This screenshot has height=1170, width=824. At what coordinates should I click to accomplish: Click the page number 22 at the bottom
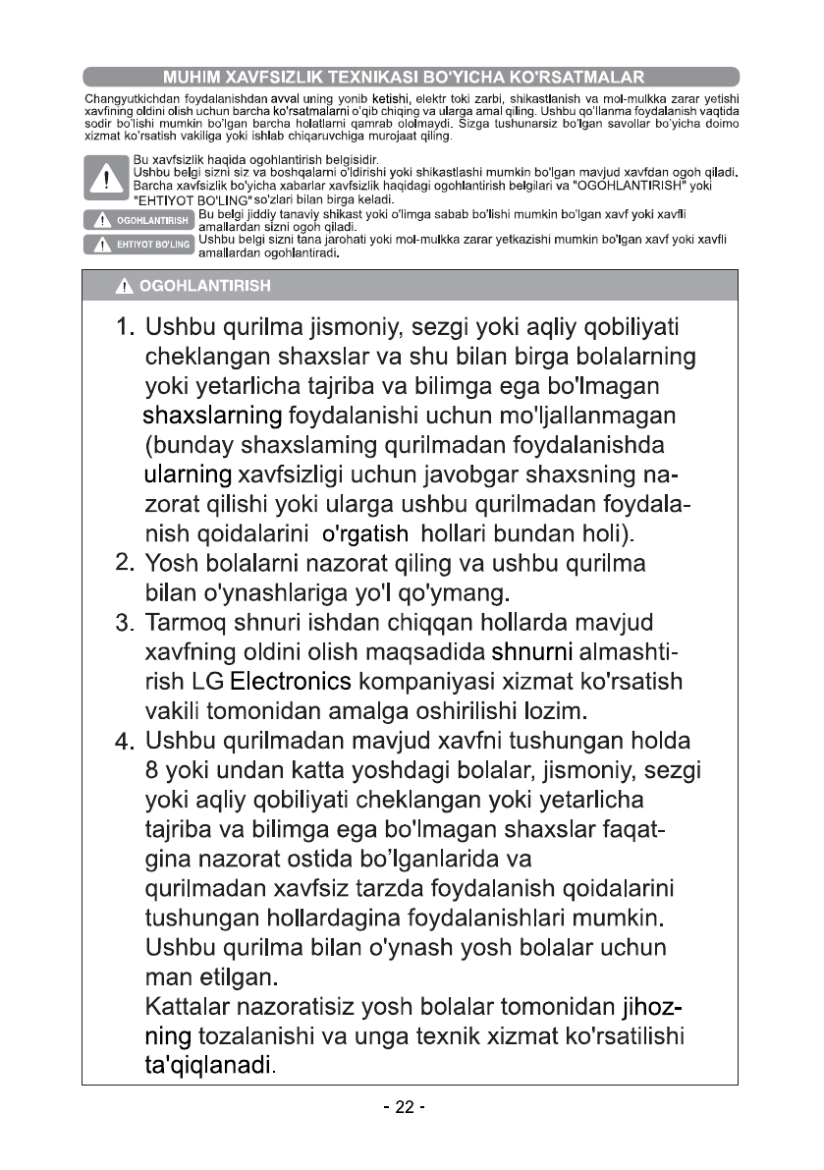click(405, 1107)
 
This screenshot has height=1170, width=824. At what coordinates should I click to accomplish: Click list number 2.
click(125, 564)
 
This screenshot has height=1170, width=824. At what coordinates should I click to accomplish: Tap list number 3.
click(125, 624)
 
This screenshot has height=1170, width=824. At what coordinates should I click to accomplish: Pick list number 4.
click(125, 741)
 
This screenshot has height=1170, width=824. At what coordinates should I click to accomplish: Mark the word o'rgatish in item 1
click(366, 535)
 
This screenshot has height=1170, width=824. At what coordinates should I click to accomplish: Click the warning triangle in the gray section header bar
click(124, 288)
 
